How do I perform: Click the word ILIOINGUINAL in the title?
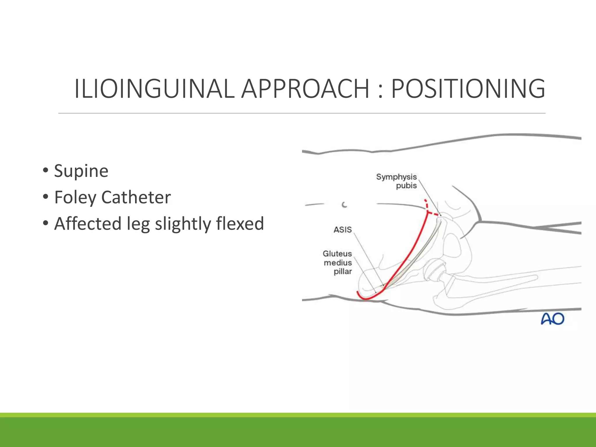click(x=154, y=88)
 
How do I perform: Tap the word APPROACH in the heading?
click(x=305, y=88)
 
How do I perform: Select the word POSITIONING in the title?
click(x=468, y=88)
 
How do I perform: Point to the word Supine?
click(x=81, y=171)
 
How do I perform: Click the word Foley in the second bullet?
click(x=75, y=198)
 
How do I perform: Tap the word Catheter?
click(x=136, y=197)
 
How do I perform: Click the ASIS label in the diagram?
click(x=343, y=230)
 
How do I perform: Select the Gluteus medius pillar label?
click(x=338, y=262)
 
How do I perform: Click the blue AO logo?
click(x=552, y=319)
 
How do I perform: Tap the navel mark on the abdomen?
click(x=344, y=205)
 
